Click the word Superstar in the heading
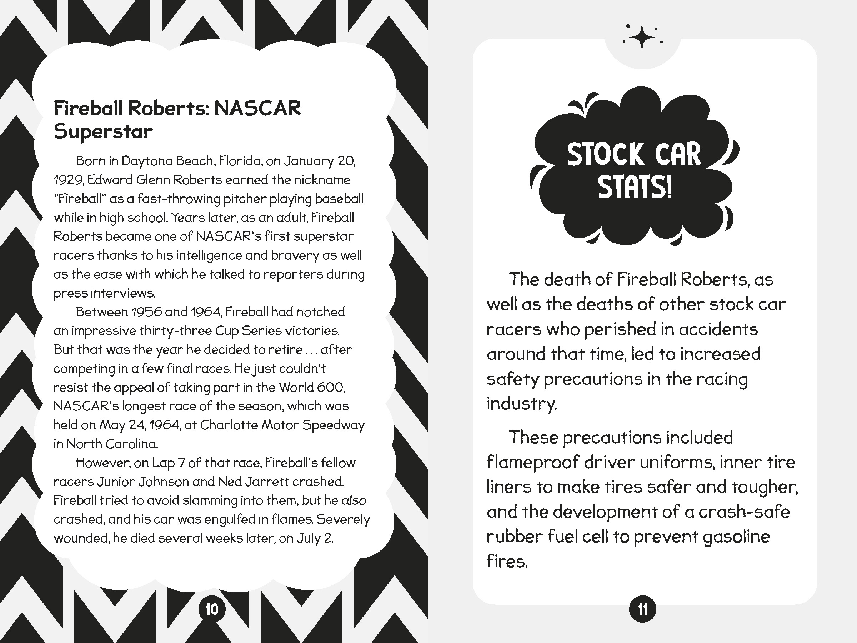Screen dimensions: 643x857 click(103, 131)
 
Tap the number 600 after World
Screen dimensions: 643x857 click(330, 387)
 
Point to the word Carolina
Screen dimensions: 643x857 click(131, 444)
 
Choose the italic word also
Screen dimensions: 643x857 click(354, 500)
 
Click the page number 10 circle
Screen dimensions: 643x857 click(211, 609)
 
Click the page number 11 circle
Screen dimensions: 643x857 click(643, 609)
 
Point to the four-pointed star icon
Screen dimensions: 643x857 click(642, 38)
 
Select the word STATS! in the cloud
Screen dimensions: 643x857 click(634, 187)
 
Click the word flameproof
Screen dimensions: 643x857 click(533, 462)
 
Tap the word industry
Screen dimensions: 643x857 click(521, 404)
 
